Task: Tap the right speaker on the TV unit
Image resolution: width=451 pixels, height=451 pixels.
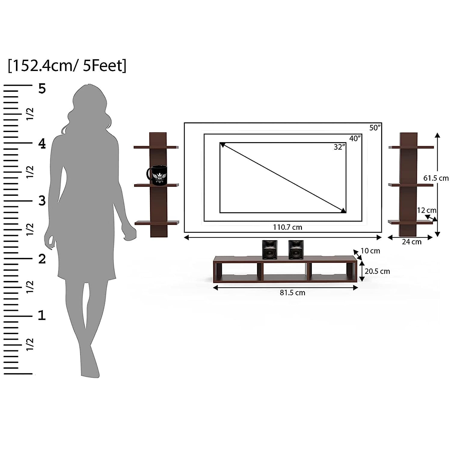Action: [x=296, y=250]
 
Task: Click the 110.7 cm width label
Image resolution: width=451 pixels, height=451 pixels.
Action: [x=287, y=227]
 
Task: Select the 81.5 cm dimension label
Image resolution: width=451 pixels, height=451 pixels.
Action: [x=292, y=293]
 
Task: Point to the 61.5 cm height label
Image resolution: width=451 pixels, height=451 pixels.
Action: [x=436, y=178]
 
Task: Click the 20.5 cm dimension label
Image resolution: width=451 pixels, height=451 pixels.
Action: [x=377, y=271]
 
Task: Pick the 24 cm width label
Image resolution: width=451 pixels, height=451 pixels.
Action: [x=412, y=242]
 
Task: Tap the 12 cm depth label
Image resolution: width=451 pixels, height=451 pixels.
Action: [x=427, y=210]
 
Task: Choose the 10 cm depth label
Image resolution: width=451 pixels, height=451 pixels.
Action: [x=370, y=251]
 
